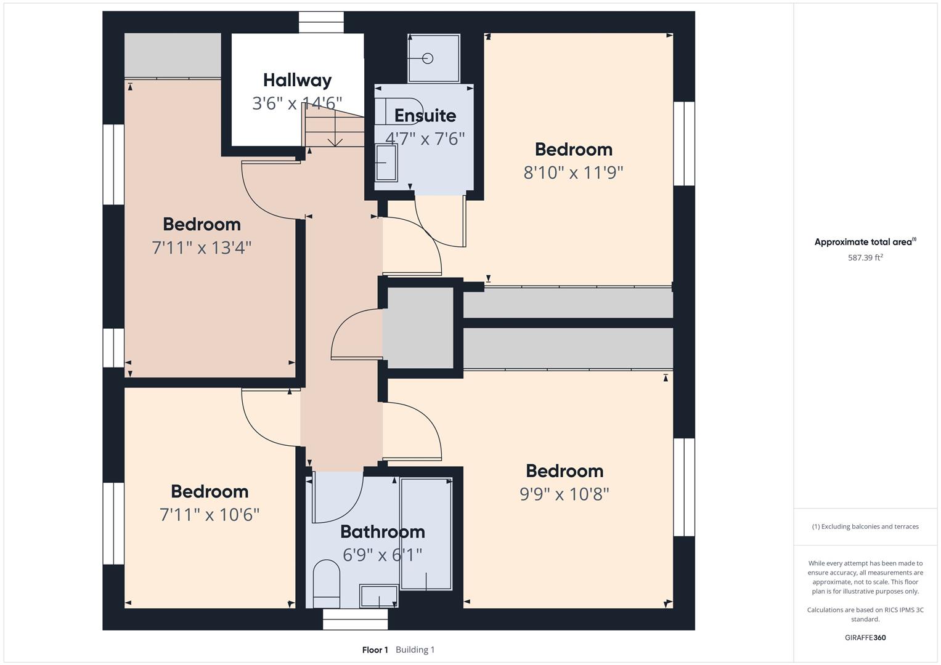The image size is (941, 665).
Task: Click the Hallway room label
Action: click(298, 80)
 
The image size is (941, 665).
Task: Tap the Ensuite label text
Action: click(425, 116)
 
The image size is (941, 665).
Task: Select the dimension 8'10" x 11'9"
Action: click(574, 172)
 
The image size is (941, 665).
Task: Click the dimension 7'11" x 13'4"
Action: click(202, 248)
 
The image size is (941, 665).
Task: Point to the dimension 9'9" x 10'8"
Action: click(564, 494)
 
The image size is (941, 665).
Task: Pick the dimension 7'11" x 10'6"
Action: click(210, 514)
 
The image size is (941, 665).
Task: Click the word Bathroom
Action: click(383, 532)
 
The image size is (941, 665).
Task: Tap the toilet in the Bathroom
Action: click(327, 583)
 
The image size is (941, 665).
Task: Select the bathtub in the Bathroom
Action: click(426, 534)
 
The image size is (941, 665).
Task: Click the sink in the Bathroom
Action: click(379, 596)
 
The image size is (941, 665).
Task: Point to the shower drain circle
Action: click(428, 58)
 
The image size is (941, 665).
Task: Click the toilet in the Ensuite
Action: click(399, 111)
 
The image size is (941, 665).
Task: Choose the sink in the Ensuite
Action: click(386, 163)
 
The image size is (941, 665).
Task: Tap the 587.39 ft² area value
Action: click(865, 257)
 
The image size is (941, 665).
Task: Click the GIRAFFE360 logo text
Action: click(865, 637)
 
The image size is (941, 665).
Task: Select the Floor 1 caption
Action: click(375, 650)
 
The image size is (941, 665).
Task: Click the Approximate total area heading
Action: click(865, 241)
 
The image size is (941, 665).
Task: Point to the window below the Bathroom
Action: click(356, 619)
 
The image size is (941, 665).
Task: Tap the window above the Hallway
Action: click(321, 22)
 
